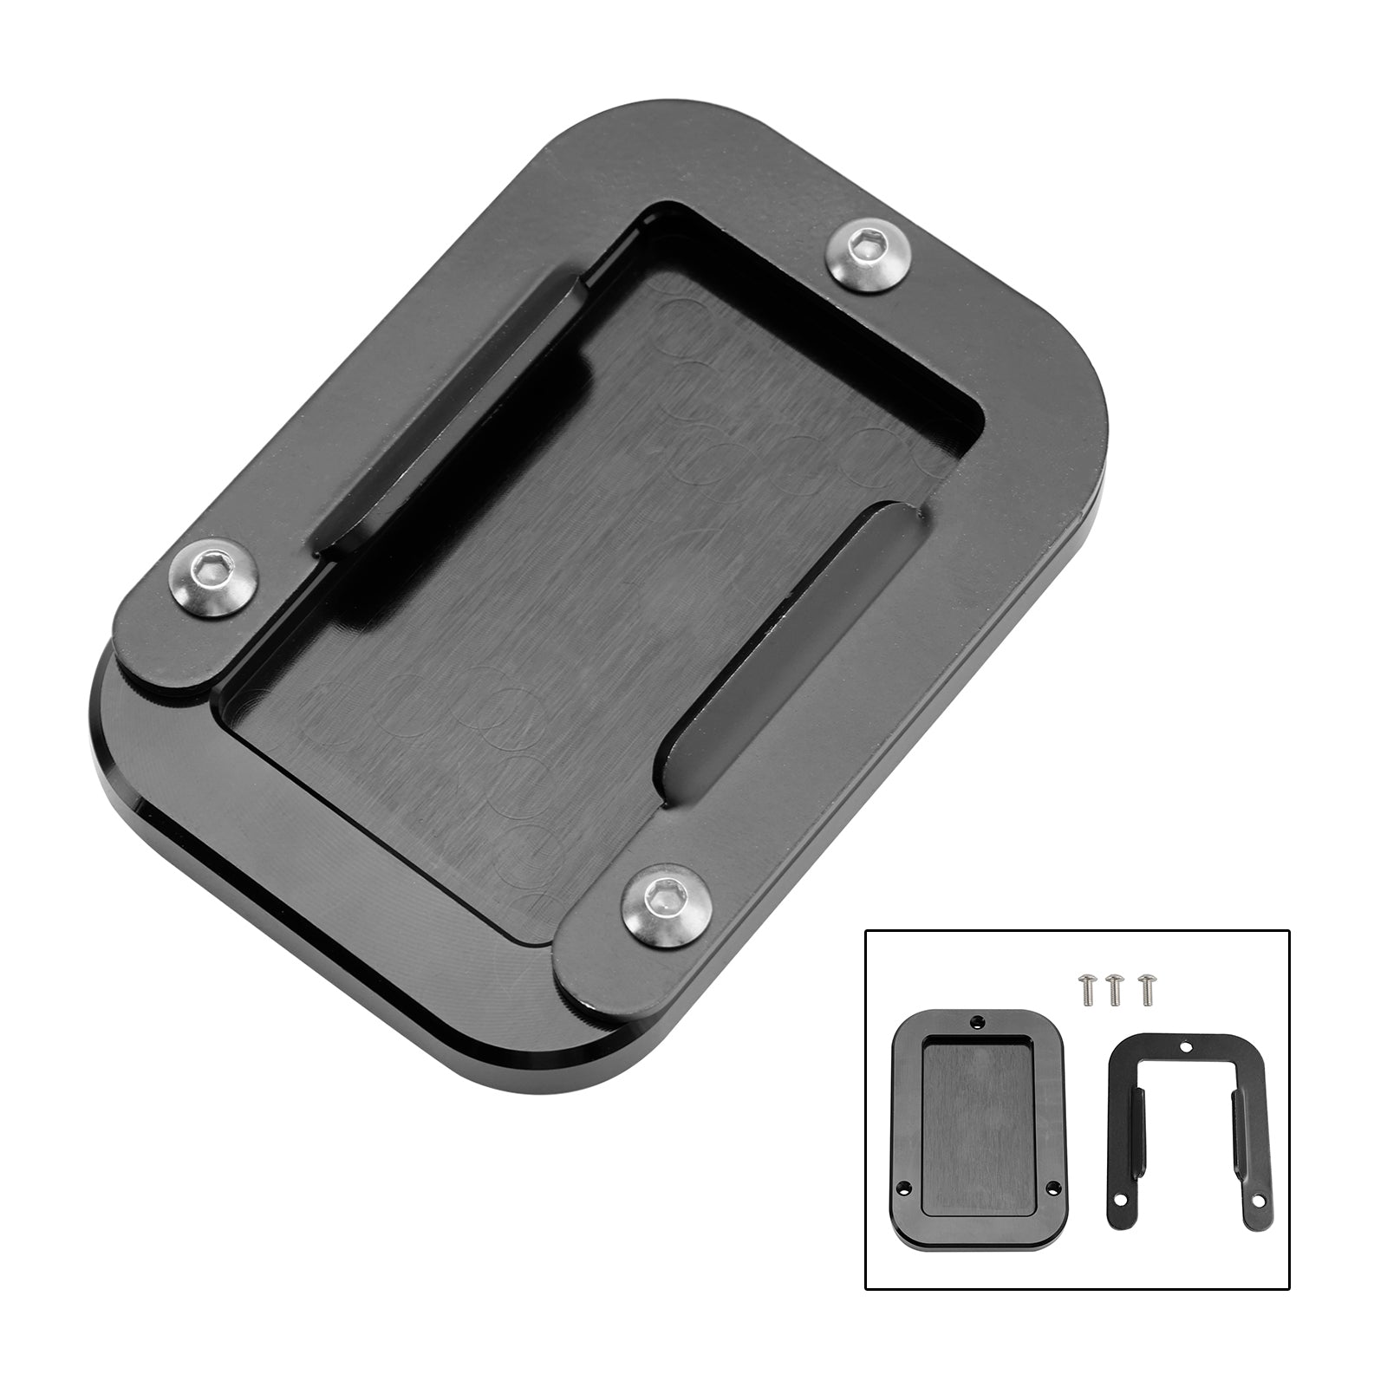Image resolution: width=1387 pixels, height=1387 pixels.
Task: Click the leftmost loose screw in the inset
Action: [x=1088, y=989]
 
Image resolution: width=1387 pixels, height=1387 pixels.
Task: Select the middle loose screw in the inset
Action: [x=1114, y=989]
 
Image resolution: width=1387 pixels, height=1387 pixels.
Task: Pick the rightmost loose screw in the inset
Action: [x=1147, y=988]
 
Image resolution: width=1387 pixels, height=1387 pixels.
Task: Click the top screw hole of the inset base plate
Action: [x=978, y=1021]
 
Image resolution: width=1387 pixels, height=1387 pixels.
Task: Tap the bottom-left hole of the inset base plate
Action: [x=903, y=1188]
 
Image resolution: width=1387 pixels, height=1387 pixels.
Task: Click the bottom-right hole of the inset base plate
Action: [x=1053, y=1188]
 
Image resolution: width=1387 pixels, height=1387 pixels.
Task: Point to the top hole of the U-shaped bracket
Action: [x=1186, y=1047]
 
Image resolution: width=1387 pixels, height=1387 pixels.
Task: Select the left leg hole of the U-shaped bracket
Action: [x=1120, y=1200]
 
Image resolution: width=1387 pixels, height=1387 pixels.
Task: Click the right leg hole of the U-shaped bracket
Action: [x=1258, y=1201]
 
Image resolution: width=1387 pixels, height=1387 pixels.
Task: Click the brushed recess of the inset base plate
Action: [x=978, y=1127]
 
